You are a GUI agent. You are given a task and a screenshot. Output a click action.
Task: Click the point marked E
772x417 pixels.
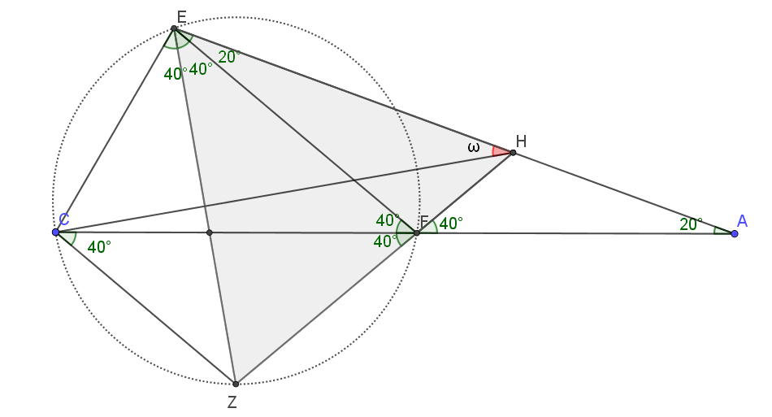(174, 28)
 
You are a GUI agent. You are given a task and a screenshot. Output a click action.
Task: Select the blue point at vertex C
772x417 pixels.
(55, 232)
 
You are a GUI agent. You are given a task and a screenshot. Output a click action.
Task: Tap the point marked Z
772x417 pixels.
(236, 384)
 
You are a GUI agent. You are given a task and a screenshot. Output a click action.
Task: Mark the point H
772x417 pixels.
(513, 153)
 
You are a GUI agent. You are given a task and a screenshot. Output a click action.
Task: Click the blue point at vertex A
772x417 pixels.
(735, 233)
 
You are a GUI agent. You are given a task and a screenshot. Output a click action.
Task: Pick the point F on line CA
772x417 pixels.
(417, 232)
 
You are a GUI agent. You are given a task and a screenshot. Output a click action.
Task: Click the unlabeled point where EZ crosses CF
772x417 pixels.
(209, 232)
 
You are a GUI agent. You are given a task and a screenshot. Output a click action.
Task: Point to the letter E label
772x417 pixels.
(181, 18)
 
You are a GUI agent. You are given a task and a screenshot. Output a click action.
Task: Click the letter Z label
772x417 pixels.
(232, 402)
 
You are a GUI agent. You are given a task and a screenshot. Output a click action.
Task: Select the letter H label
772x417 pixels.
(522, 141)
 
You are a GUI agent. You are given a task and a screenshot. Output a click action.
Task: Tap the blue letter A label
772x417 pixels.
(742, 221)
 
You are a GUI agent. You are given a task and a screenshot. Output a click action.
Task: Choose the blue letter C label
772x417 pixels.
(63, 219)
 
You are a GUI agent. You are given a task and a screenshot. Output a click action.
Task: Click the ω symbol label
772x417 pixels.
(473, 146)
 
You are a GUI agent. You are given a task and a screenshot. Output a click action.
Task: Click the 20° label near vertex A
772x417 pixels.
(692, 224)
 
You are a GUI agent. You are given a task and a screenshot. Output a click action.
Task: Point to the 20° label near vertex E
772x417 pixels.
(229, 57)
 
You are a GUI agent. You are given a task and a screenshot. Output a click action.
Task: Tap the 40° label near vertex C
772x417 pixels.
(99, 246)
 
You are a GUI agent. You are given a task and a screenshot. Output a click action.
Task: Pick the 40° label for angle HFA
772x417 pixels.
(451, 224)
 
